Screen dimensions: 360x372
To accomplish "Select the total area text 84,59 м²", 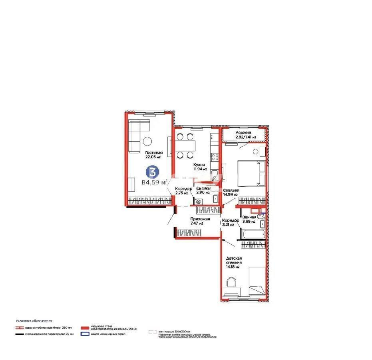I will [x=154, y=183].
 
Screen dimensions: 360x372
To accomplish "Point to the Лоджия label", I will [x=243, y=134].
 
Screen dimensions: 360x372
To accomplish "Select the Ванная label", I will [x=249, y=219].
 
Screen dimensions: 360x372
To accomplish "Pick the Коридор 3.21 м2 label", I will [x=231, y=222].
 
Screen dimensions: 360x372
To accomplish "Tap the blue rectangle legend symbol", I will [x=85, y=334].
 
